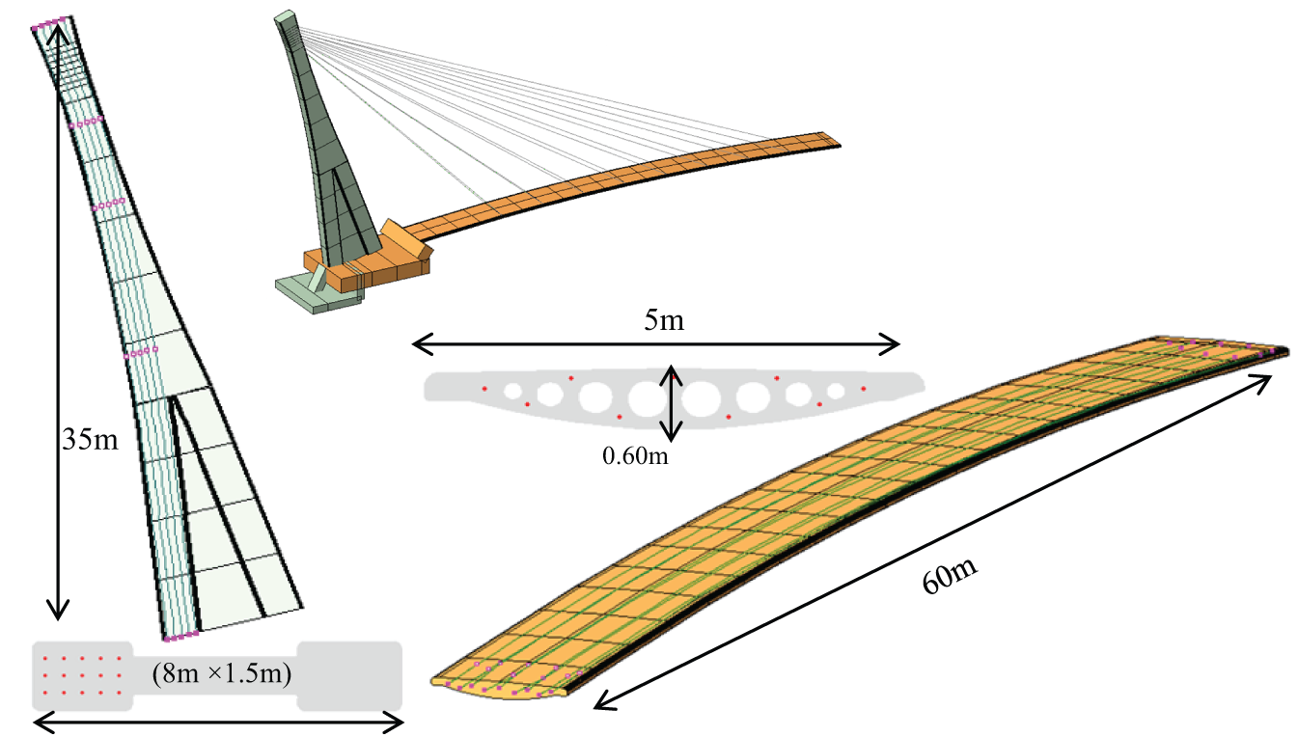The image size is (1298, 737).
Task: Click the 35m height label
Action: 90,440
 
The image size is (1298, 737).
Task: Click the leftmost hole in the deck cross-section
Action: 513,391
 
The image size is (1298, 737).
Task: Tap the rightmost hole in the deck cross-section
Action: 837,391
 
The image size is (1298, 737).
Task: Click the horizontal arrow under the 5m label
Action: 656,342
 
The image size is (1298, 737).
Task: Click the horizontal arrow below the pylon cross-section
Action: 218,721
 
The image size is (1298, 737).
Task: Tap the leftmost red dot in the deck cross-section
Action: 484,389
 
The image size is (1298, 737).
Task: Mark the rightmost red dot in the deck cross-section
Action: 864,389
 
